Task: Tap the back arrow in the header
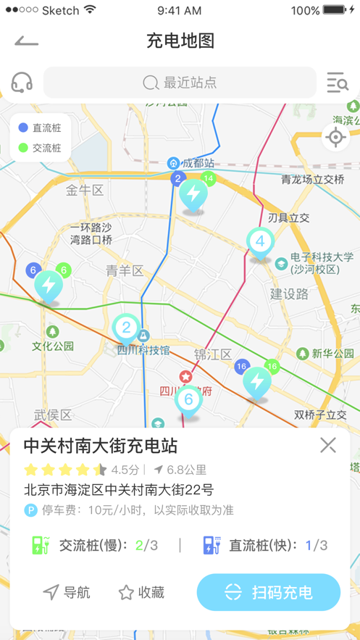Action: pyautogui.click(x=26, y=41)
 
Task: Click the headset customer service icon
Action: pyautogui.click(x=22, y=83)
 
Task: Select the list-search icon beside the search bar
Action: pyautogui.click(x=337, y=83)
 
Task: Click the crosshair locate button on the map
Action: pyautogui.click(x=335, y=137)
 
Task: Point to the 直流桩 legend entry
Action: pyautogui.click(x=41, y=128)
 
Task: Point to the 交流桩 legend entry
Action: pyautogui.click(x=41, y=148)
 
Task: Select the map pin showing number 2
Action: pyautogui.click(x=126, y=328)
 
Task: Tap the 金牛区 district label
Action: pyautogui.click(x=85, y=191)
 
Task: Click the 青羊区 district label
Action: pyautogui.click(x=125, y=271)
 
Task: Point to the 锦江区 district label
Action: pyautogui.click(x=212, y=354)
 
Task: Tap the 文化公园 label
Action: pyautogui.click(x=53, y=346)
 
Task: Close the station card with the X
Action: pyautogui.click(x=328, y=445)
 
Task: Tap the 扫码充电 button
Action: pyautogui.click(x=269, y=592)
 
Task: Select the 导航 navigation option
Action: pyautogui.click(x=67, y=593)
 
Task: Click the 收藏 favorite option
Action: pyautogui.click(x=141, y=593)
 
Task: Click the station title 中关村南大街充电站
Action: pyautogui.click(x=101, y=446)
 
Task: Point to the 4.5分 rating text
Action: pyautogui.click(x=125, y=470)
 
